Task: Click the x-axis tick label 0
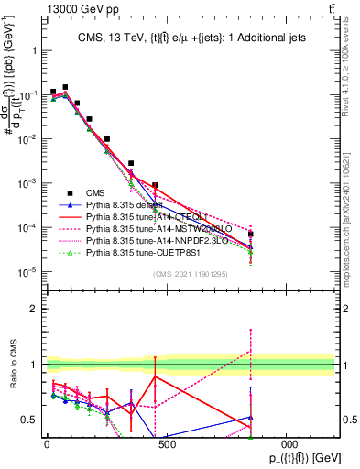(x=47, y=444)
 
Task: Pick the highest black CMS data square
(x=65, y=87)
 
